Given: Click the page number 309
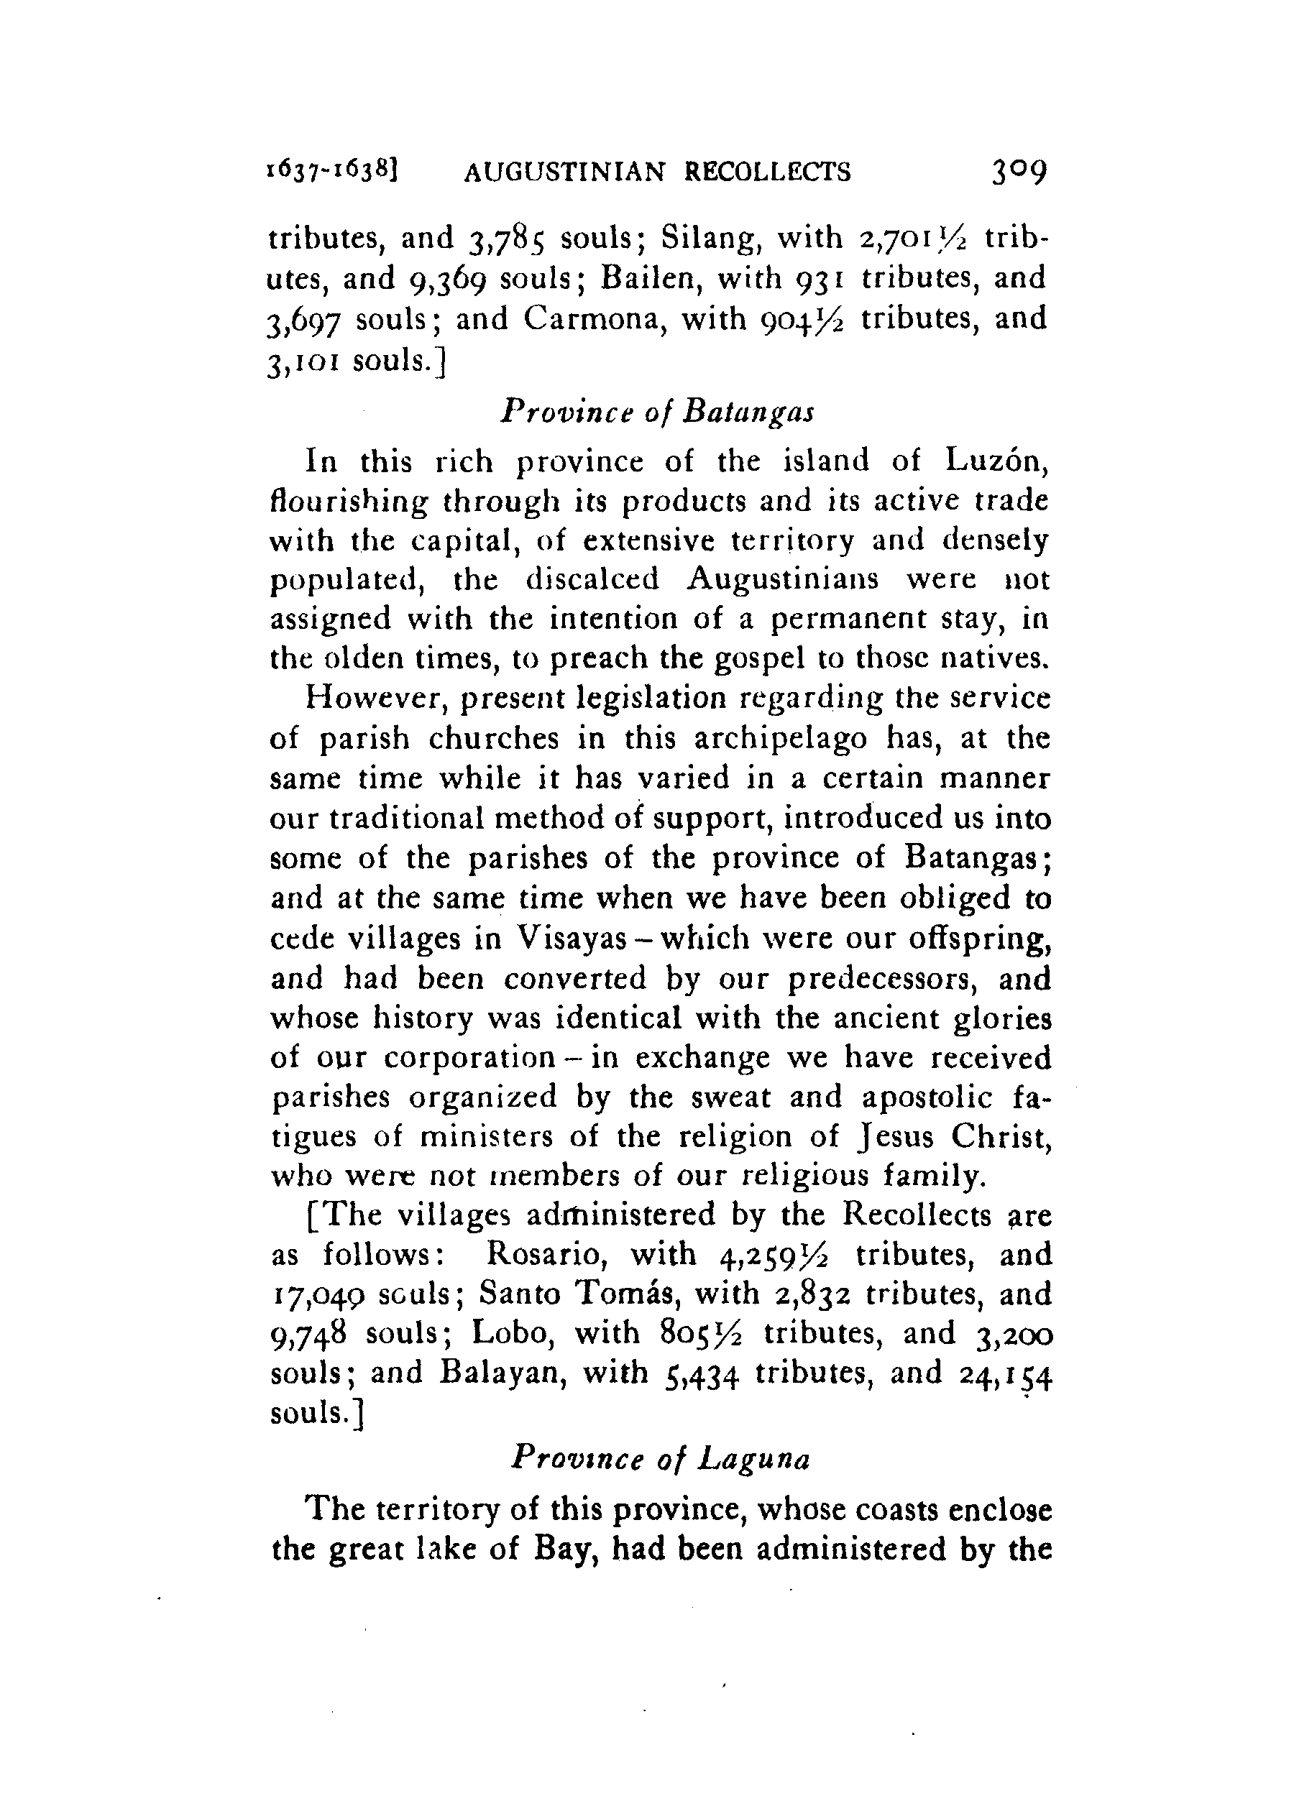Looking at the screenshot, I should point(1019,170).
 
